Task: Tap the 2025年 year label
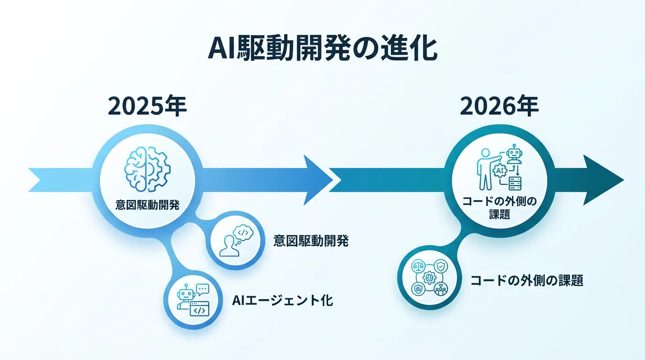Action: click(148, 106)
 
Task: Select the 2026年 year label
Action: click(499, 106)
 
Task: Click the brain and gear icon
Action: click(148, 169)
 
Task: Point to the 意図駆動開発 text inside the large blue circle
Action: click(148, 205)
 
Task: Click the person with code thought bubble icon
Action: click(236, 241)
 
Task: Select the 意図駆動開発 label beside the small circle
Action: click(311, 241)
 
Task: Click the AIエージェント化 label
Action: click(283, 300)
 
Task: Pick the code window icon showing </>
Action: click(200, 309)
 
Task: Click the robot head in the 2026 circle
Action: click(514, 153)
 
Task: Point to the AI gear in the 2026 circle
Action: click(500, 171)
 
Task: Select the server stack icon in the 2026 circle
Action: click(515, 183)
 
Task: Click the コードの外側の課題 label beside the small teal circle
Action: click(527, 280)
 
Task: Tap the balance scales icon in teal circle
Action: click(419, 266)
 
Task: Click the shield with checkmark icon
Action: click(441, 266)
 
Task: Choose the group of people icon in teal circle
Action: click(441, 289)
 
